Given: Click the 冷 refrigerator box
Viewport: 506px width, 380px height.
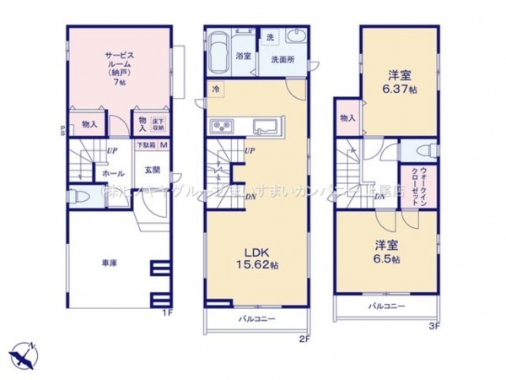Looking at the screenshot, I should (x=216, y=87).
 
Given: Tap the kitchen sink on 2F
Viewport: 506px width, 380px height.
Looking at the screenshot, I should (x=267, y=128).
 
